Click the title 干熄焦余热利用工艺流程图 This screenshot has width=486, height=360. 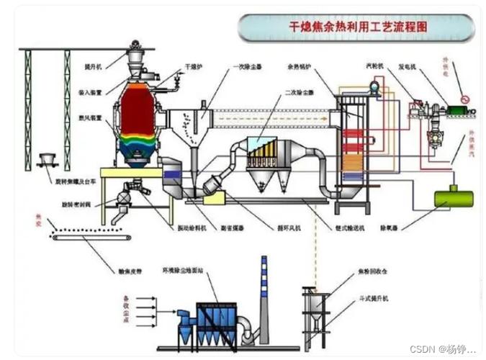[x=357, y=28]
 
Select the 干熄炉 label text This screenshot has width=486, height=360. [x=192, y=66]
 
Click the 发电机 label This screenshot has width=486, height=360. [x=409, y=66]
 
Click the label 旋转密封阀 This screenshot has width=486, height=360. [x=78, y=203]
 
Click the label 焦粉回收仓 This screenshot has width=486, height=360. [x=376, y=272]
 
